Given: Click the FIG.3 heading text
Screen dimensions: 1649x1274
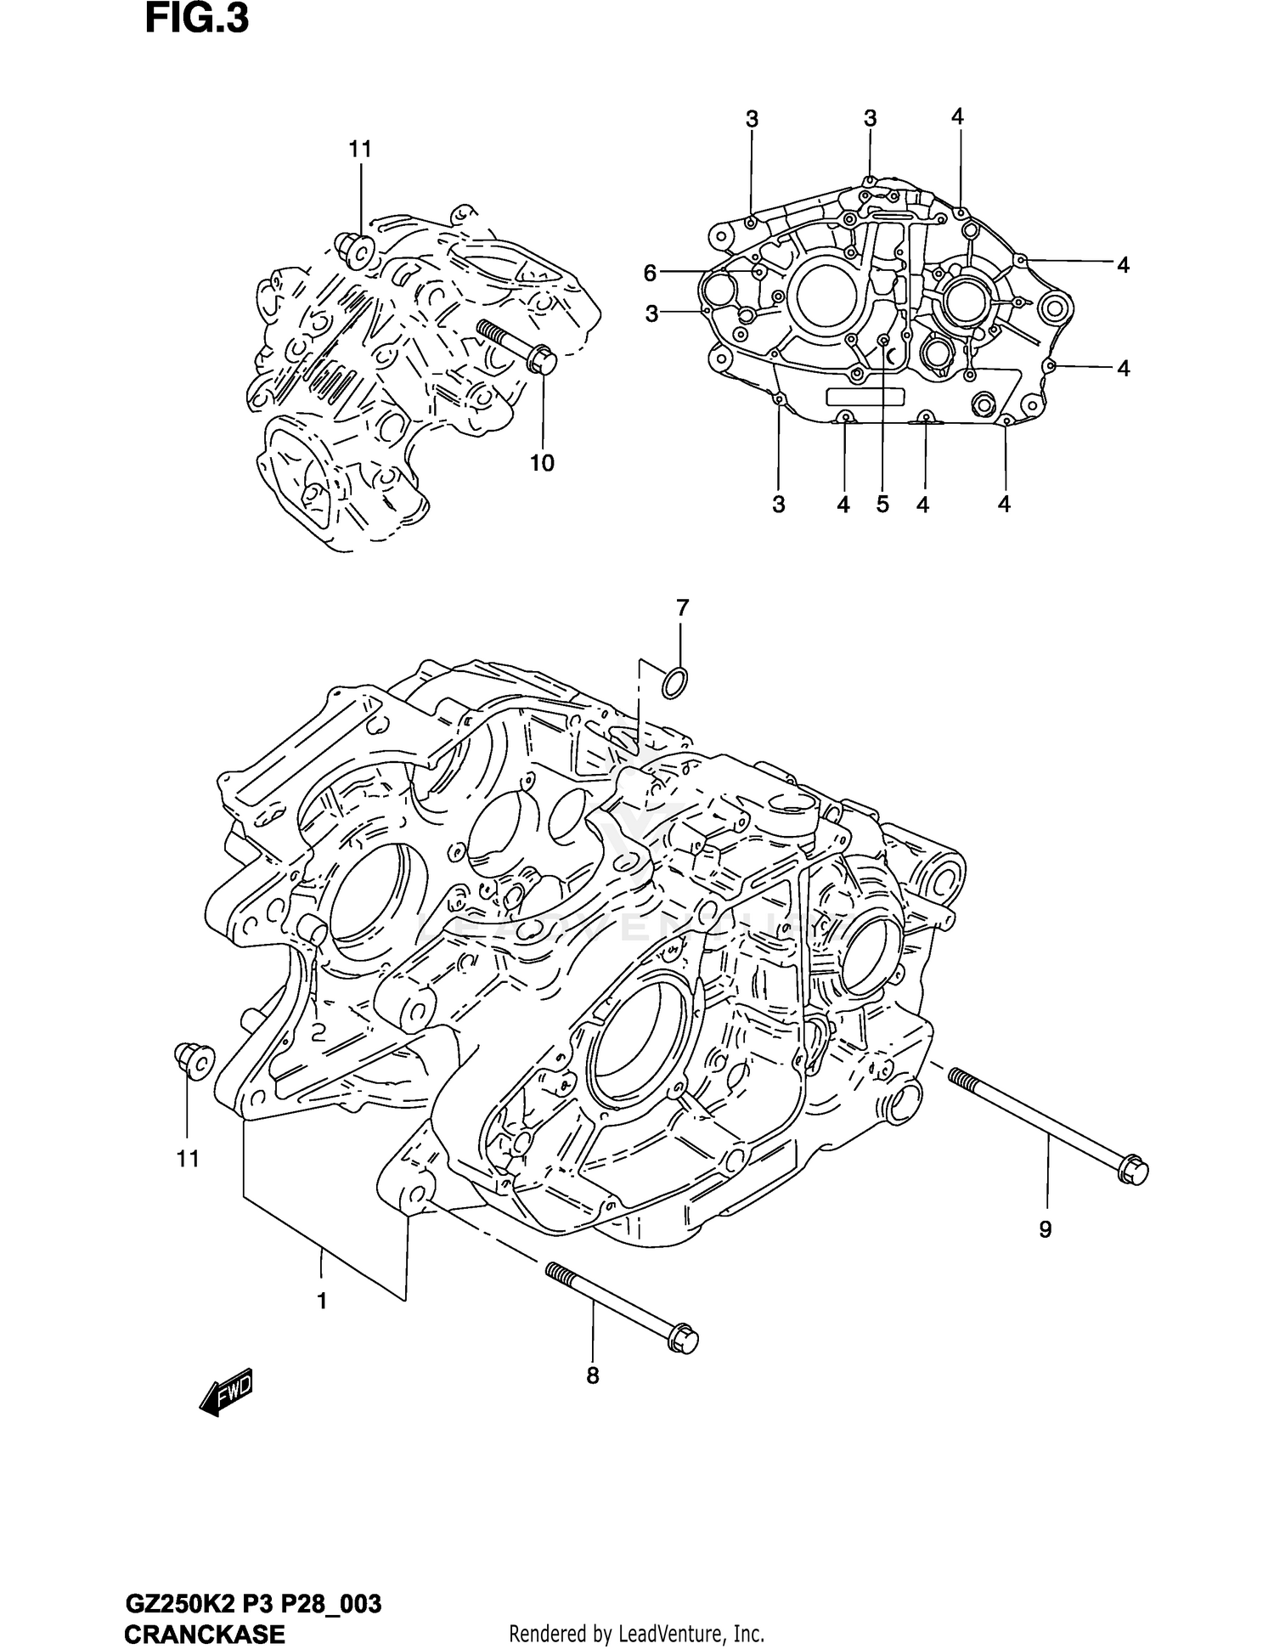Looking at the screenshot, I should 196,19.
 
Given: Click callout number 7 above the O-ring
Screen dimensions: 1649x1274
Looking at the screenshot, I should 682,608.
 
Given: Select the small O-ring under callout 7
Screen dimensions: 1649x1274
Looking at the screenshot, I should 675,683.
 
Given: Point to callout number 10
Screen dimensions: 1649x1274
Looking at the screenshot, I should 541,463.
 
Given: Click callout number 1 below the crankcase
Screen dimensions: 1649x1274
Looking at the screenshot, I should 322,1301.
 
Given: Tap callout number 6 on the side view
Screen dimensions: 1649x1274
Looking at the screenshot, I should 650,273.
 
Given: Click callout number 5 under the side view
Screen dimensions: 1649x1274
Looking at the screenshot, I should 882,505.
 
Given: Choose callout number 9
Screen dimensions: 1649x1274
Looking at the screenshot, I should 1046,1229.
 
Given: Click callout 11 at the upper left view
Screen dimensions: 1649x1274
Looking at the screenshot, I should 360,150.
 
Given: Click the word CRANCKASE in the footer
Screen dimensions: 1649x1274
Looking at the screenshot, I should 204,1634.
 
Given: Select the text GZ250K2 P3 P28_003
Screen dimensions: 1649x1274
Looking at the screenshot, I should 253,1604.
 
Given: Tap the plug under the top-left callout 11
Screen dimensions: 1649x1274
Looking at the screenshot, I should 357,250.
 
